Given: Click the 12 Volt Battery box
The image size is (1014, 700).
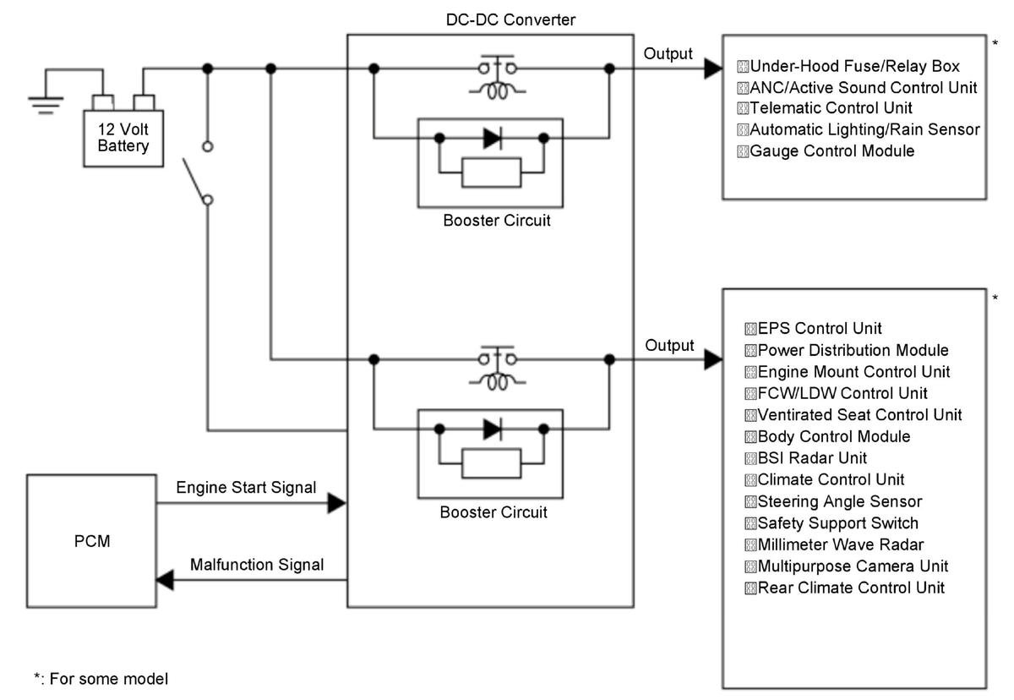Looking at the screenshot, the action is [x=123, y=138].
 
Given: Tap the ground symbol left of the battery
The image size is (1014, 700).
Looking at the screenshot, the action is [x=46, y=105].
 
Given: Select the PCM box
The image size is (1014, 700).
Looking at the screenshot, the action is [x=91, y=541].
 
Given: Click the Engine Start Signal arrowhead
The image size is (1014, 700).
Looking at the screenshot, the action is [x=337, y=503].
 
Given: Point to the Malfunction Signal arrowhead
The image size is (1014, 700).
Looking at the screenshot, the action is [x=165, y=580].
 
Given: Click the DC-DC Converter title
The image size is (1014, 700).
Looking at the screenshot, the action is [x=510, y=20].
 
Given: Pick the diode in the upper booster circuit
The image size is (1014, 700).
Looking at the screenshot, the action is [x=493, y=138].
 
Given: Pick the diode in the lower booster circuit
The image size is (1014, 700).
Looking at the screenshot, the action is [x=493, y=429].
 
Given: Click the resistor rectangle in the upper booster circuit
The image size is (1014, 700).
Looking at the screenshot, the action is [x=491, y=172].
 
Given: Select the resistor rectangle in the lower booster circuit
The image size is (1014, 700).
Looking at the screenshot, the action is [x=491, y=463].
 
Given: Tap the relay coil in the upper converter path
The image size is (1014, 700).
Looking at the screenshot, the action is [x=497, y=91].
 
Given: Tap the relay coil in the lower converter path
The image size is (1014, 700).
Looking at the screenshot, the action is [x=497, y=382].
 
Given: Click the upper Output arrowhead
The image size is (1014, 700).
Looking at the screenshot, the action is [x=713, y=68].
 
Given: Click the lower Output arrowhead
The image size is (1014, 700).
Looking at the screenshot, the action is [x=713, y=360].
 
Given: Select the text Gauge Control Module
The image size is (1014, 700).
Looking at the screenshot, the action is [x=832, y=150].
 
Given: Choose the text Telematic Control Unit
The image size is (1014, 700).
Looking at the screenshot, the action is [x=831, y=107].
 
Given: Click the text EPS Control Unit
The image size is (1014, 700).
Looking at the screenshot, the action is [x=820, y=328].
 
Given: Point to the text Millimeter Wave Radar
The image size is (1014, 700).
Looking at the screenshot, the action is [x=841, y=544].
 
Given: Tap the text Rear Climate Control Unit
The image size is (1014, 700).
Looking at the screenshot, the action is [x=851, y=588].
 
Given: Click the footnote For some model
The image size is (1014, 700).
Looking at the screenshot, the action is [x=109, y=679].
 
